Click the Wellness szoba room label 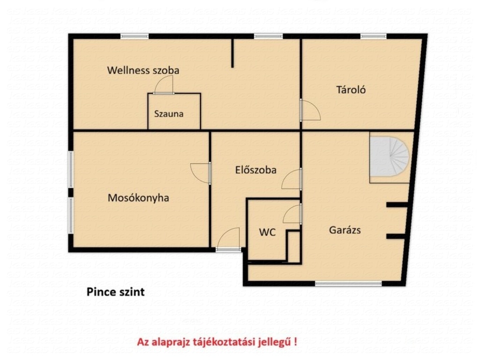[143, 70]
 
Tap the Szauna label [169, 114]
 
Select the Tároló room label [351, 90]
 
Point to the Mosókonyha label [138, 198]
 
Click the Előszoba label [255, 170]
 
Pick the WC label [267, 232]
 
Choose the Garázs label [345, 230]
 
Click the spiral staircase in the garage [390, 157]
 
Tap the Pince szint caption [115, 292]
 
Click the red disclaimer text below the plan [217, 341]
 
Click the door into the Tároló [310, 110]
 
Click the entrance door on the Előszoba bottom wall [228, 240]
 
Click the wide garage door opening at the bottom [348, 284]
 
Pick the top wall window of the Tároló [374, 37]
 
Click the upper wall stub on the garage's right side [397, 205]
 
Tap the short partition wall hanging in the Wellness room [232, 53]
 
